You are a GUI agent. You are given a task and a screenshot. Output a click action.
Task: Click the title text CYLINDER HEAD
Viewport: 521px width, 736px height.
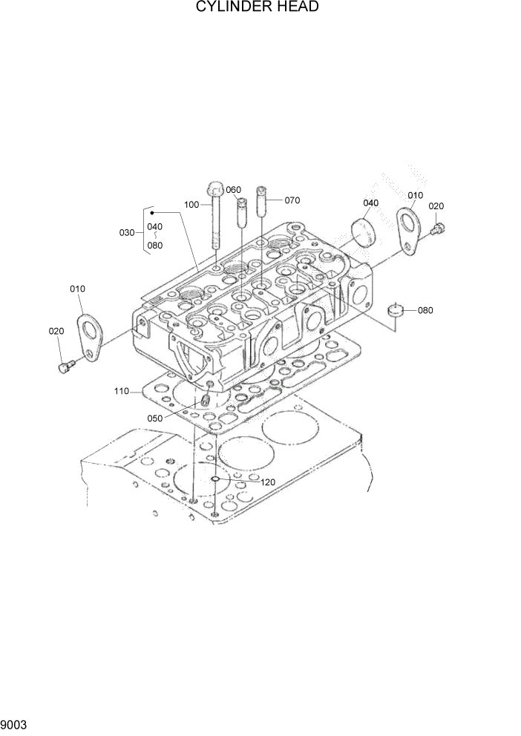[x=258, y=8]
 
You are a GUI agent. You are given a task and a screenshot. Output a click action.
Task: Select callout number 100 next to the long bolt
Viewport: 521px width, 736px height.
[x=192, y=204]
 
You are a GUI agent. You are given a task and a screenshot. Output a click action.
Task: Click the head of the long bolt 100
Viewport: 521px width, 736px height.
[x=214, y=186]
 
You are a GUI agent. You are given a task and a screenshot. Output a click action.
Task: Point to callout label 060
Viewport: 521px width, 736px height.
[x=234, y=190]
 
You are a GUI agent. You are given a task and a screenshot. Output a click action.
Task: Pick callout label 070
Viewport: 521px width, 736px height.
[x=292, y=200]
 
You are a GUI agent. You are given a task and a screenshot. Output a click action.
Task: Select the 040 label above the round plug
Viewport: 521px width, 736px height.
[x=371, y=203]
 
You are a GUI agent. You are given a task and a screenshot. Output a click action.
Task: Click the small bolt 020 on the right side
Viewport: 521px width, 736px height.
[x=437, y=229]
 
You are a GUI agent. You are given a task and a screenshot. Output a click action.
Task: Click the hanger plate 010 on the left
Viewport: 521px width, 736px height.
[x=90, y=338]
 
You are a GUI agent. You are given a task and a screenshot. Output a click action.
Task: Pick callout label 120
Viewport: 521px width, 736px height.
[x=268, y=482]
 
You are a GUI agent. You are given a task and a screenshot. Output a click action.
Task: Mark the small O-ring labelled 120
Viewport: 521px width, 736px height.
[x=214, y=480]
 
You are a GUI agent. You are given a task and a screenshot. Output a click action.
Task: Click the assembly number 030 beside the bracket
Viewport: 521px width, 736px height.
[x=127, y=232]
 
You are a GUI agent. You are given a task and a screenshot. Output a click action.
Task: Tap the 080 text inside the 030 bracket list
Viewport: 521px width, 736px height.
[x=154, y=246]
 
